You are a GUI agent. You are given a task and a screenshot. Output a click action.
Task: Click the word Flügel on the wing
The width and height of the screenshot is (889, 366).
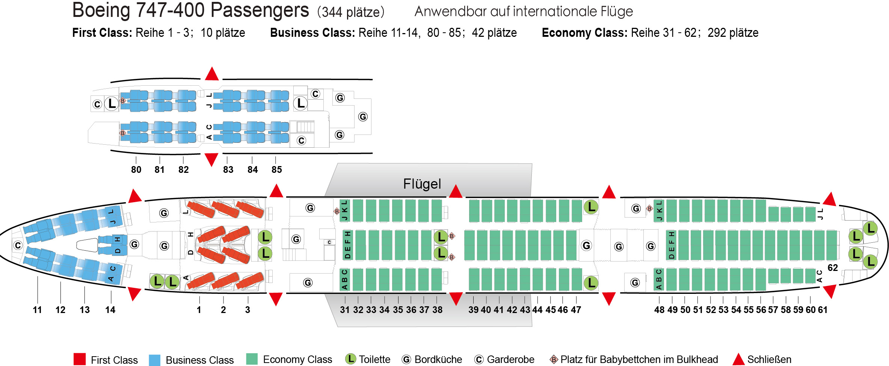422,184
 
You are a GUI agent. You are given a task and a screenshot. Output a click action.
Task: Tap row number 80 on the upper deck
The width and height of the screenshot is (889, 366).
136,169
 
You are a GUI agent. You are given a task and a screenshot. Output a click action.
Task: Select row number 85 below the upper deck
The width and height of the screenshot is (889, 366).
276,169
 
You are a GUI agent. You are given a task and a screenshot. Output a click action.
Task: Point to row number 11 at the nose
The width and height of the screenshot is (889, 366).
37,310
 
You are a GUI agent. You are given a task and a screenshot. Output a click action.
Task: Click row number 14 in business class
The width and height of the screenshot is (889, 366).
110,310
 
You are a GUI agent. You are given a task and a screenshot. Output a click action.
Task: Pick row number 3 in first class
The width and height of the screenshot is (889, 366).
248,310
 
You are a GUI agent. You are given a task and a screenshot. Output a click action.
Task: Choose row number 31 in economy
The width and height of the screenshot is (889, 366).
344,310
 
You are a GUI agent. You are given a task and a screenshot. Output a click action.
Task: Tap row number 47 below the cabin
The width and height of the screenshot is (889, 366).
576,310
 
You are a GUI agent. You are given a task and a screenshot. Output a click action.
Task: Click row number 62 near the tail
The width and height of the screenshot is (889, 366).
833,268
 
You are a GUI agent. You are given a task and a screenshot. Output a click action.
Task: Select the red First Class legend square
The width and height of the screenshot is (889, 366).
80,359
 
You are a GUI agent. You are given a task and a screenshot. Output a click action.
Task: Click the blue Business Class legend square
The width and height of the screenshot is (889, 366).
154,360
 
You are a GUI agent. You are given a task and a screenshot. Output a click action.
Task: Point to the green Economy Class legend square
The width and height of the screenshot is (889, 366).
252,359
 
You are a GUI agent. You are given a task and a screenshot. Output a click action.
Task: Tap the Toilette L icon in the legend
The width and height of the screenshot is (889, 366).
350,359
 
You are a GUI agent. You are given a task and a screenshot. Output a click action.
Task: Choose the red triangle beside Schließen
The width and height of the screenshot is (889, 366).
738,359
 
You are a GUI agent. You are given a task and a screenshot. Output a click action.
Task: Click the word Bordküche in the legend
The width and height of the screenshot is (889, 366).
438,360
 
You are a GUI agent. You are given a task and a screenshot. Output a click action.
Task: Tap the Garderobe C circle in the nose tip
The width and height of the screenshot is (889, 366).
18,245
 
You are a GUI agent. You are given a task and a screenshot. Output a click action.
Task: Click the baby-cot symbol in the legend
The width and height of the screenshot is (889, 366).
554,360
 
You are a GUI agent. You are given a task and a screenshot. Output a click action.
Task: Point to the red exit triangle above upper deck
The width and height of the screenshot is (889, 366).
212,74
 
